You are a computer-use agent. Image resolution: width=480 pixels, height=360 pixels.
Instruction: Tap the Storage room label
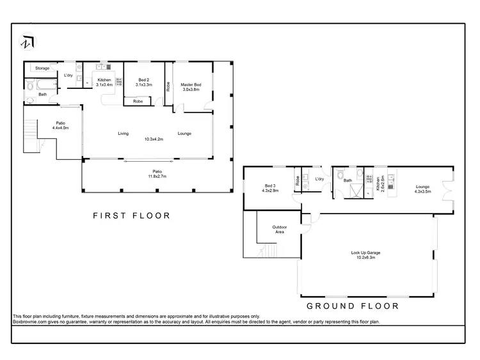coord(42,68)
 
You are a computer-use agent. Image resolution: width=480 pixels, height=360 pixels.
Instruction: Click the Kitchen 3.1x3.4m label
coord(104,82)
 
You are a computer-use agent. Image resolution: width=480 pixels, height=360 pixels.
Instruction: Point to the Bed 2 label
coord(143,82)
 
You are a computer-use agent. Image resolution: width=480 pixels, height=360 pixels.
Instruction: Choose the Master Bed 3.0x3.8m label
coord(190,87)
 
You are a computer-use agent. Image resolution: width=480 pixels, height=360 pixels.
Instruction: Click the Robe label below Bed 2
coord(138,101)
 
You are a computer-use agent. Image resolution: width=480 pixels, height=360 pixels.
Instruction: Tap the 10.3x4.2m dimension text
coord(153,139)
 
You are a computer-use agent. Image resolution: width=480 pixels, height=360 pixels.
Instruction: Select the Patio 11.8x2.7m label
coord(157,173)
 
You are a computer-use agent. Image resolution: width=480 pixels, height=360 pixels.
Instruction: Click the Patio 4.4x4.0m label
coord(60,125)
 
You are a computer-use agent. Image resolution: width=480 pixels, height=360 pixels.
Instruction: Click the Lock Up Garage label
coord(365,254)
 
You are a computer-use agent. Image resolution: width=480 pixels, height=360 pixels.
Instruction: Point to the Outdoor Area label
coord(279,230)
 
